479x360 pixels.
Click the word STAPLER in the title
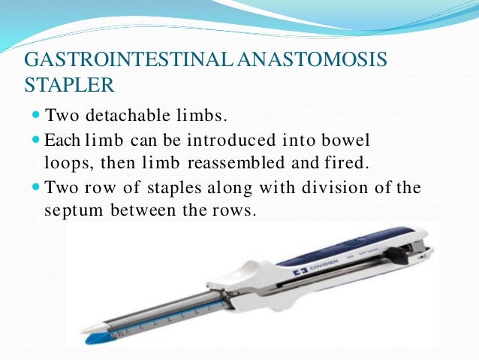[69, 81]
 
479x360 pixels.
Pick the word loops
[59, 161]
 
